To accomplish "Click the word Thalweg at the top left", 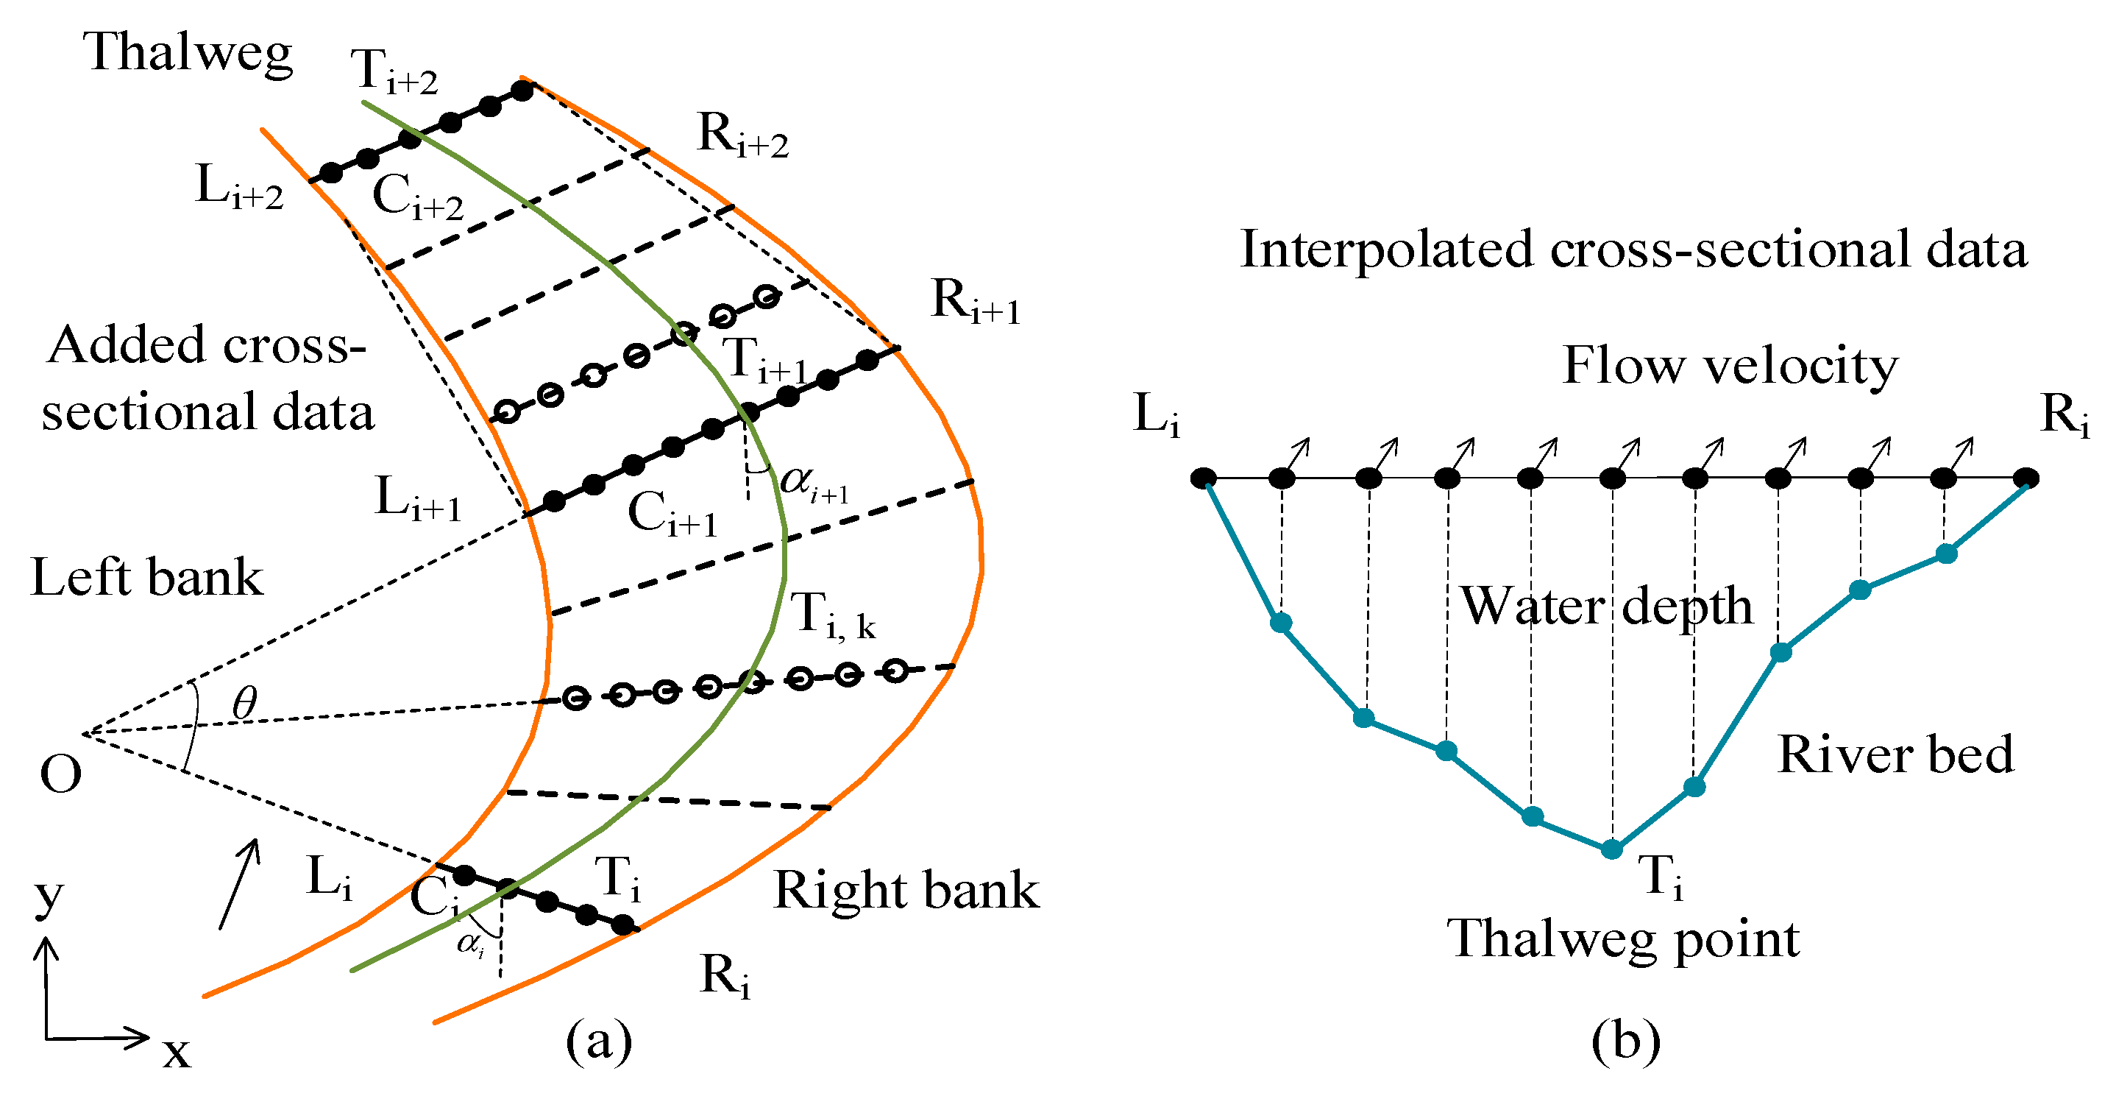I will point(188,54).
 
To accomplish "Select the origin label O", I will point(61,774).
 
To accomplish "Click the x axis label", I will point(177,1052).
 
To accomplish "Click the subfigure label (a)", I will point(599,1041).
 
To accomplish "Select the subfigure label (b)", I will point(1625,1041).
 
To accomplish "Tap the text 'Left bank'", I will point(147,577).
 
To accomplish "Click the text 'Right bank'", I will point(906,890).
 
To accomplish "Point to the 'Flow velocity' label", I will point(1730,365).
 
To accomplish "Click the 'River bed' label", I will point(1895,754).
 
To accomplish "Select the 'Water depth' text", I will point(1606,607).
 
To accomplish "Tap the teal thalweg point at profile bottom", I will point(1611,849).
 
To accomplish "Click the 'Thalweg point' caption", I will point(1623,939).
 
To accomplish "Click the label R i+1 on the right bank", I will point(975,302).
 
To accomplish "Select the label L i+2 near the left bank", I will point(239,186).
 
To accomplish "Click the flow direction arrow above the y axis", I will point(240,883).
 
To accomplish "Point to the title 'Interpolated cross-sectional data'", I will point(1633,249).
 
